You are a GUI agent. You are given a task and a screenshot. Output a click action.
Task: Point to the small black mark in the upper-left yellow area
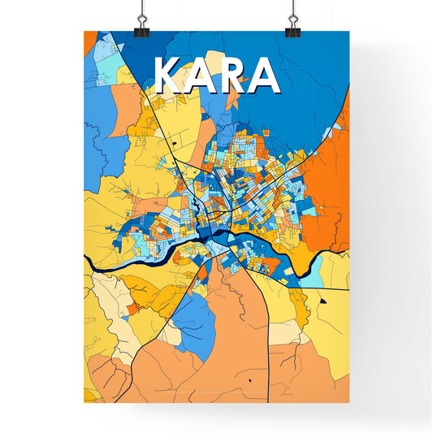click(x=173, y=143)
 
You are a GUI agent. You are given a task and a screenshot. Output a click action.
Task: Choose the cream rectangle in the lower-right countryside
click(x=284, y=331)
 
